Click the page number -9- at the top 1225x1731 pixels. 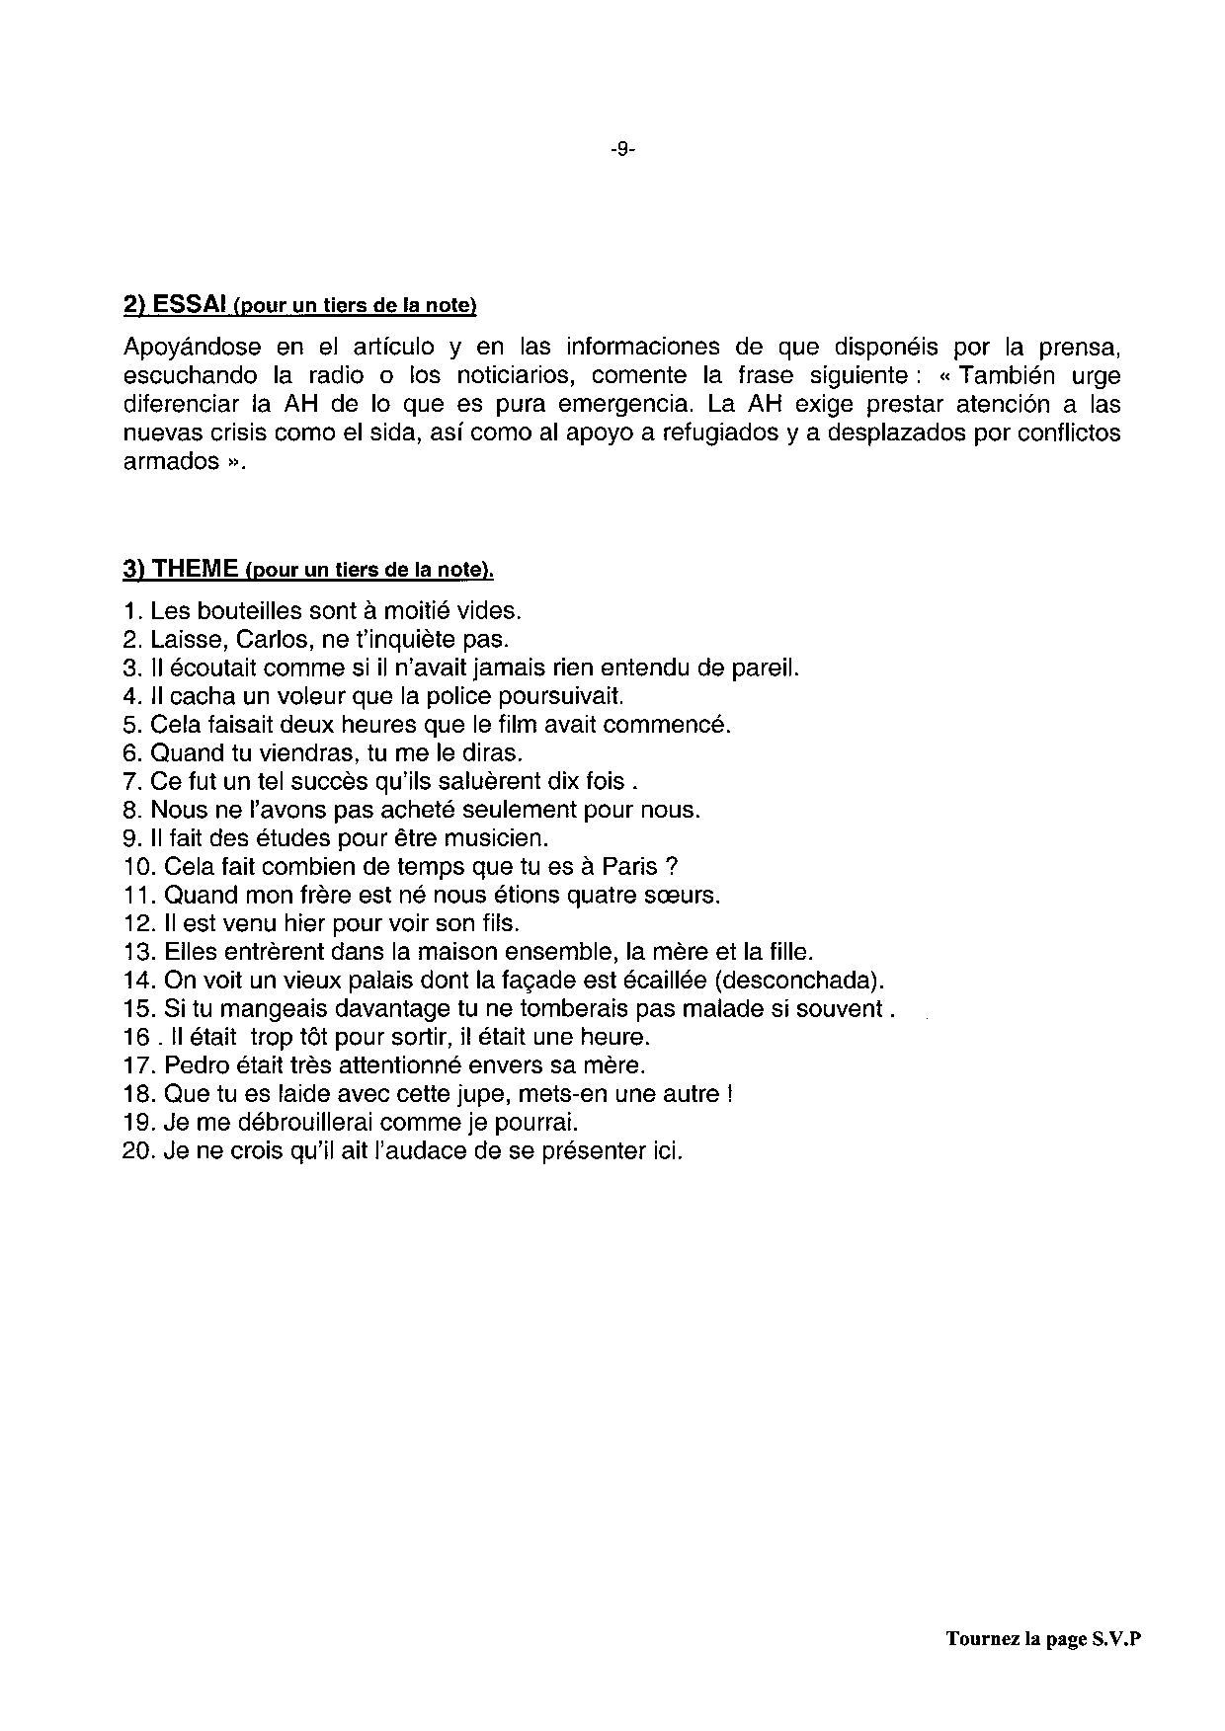[x=622, y=150]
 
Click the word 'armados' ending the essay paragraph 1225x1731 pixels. [x=169, y=462]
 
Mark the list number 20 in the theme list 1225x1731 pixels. [x=136, y=1152]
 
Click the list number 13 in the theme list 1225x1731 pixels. [x=136, y=953]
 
